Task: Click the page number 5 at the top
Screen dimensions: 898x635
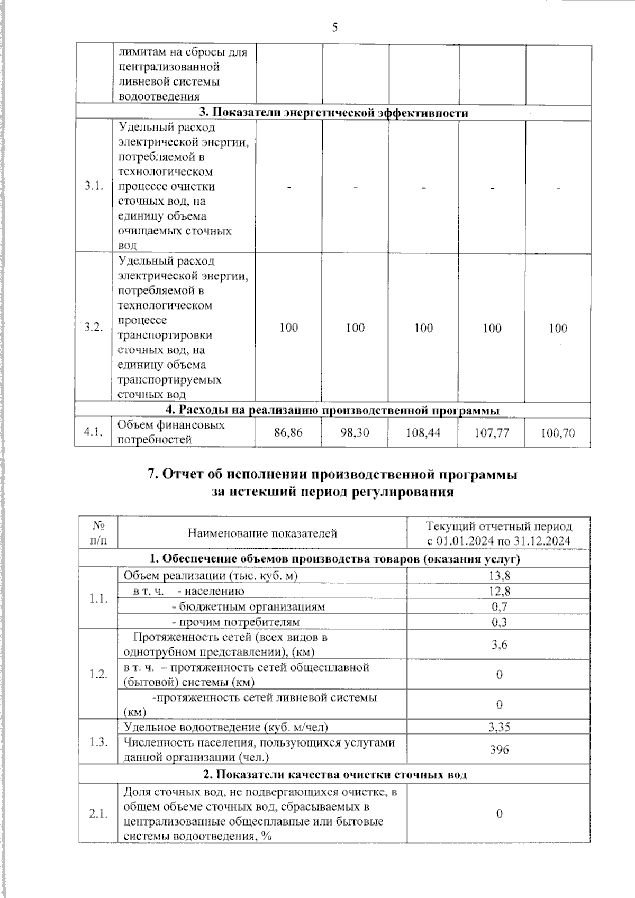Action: click(334, 28)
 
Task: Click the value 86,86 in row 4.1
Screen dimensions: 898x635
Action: click(288, 433)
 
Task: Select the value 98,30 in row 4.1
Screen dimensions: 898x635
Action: click(355, 433)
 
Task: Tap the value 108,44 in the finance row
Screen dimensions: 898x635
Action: click(423, 433)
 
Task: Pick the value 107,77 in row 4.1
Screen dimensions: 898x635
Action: click(492, 433)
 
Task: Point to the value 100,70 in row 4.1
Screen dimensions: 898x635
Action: click(558, 433)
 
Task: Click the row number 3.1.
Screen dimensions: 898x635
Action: click(93, 186)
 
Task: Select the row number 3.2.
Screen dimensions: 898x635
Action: click(93, 327)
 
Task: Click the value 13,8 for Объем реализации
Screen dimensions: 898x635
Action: click(499, 576)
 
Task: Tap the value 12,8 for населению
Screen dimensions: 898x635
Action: click(499, 591)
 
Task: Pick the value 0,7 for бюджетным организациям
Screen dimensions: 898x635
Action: click(499, 606)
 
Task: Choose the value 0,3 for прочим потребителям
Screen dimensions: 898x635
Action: click(499, 622)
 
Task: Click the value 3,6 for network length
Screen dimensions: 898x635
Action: click(499, 644)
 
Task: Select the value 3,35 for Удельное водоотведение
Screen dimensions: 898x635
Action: click(499, 727)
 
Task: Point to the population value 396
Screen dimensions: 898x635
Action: click(499, 749)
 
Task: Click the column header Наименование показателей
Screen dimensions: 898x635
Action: click(262, 533)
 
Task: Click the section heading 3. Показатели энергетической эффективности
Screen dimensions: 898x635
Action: click(333, 113)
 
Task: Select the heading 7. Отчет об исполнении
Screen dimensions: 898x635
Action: click(332, 475)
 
